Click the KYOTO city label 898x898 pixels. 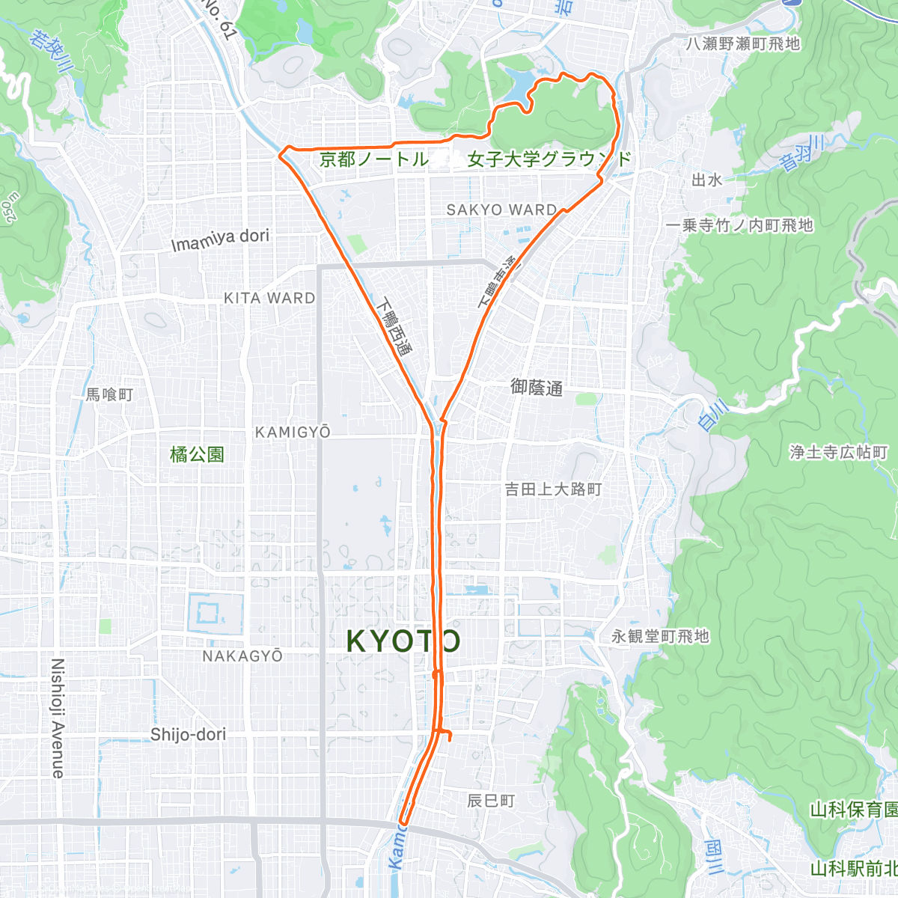point(403,641)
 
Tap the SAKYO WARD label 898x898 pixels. point(501,210)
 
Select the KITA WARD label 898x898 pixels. point(269,298)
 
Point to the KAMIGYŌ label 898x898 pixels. point(293,433)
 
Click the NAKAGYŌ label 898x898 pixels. point(242,656)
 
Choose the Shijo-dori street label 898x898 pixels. point(188,734)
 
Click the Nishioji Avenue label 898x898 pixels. point(58,718)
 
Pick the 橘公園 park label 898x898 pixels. point(197,454)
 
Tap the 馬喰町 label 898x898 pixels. point(109,394)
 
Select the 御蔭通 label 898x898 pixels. point(536,388)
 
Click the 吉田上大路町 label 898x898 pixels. point(553,489)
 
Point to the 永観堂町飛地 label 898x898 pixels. point(660,636)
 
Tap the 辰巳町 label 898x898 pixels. point(491,801)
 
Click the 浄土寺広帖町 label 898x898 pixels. point(838,452)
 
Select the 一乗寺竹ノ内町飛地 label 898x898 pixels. point(739,225)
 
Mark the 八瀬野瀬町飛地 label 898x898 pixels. point(742,44)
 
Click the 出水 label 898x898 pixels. point(706,180)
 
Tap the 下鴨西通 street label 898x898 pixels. point(395,327)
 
